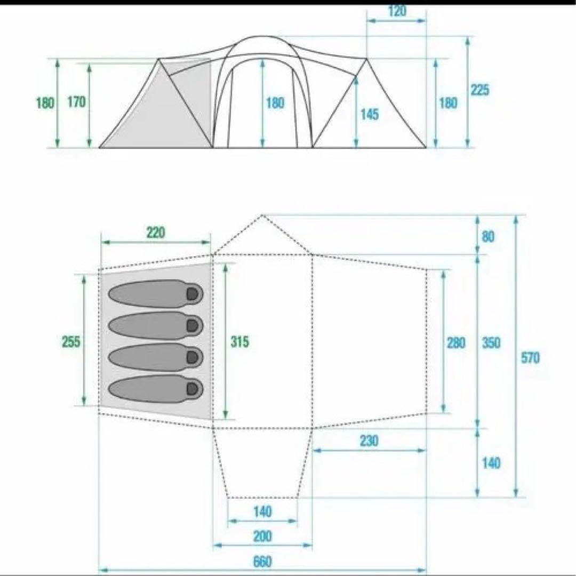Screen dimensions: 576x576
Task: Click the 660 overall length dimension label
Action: pyautogui.click(x=262, y=561)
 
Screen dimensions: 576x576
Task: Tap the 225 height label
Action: pyautogui.click(x=479, y=90)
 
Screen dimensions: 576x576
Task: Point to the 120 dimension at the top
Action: pyautogui.click(x=397, y=11)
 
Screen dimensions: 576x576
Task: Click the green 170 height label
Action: pyautogui.click(x=76, y=102)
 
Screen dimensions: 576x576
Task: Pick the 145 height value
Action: pyautogui.click(x=369, y=114)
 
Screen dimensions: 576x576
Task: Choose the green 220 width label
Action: pyautogui.click(x=156, y=233)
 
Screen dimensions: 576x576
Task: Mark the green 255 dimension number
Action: pyautogui.click(x=71, y=341)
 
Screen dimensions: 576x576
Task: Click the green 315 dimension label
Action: pyautogui.click(x=239, y=342)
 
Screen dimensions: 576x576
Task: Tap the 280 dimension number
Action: pyautogui.click(x=457, y=342)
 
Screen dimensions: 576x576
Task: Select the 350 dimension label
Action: pyautogui.click(x=491, y=342)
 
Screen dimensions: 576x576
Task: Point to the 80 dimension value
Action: pyautogui.click(x=488, y=236)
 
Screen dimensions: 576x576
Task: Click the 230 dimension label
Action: pyautogui.click(x=369, y=441)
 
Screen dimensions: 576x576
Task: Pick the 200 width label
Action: pyautogui.click(x=262, y=536)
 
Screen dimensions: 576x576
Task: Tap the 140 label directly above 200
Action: pyautogui.click(x=262, y=512)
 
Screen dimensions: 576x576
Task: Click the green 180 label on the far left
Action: pyautogui.click(x=45, y=103)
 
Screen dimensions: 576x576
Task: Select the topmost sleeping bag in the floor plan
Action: pyautogui.click(x=155, y=293)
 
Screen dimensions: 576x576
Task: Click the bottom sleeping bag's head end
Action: pyautogui.click(x=192, y=388)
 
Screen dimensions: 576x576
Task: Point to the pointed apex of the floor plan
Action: pyautogui.click(x=262, y=215)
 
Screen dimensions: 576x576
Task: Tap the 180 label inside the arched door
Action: pyautogui.click(x=275, y=103)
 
